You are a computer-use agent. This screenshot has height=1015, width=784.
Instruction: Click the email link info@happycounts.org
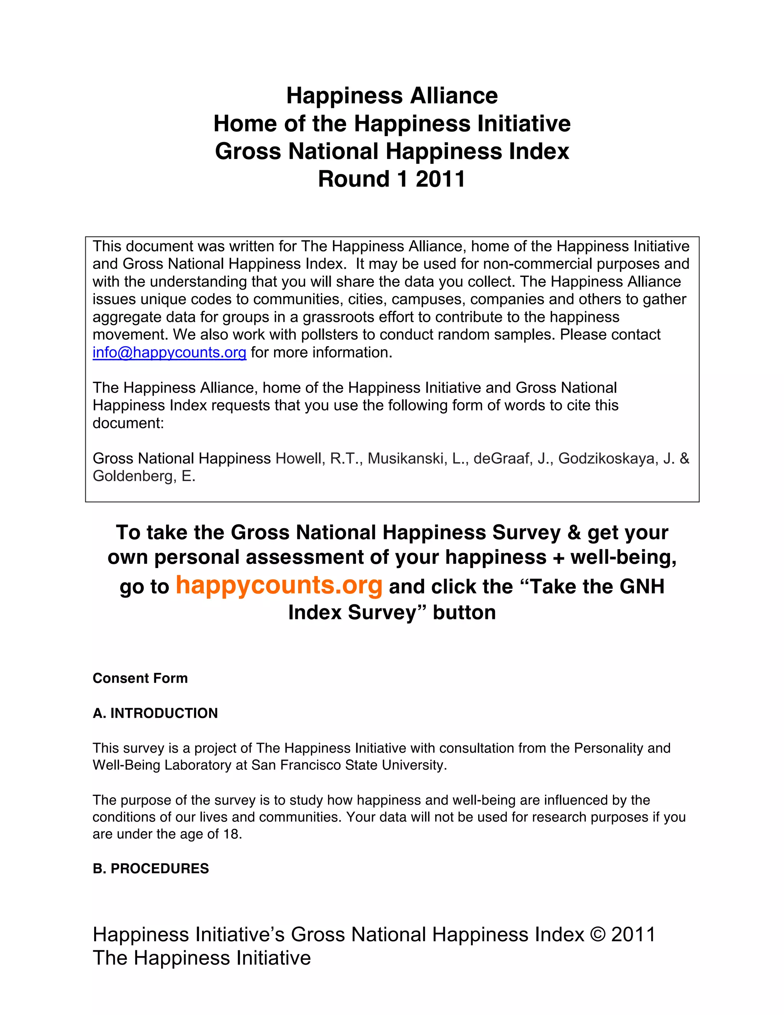pos(169,353)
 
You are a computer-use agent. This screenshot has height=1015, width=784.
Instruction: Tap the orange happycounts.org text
pos(279,585)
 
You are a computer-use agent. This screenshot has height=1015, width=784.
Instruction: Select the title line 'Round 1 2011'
pos(392,179)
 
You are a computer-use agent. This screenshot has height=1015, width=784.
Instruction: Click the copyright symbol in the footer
pos(597,934)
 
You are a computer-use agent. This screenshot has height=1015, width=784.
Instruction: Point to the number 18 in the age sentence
pos(231,834)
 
